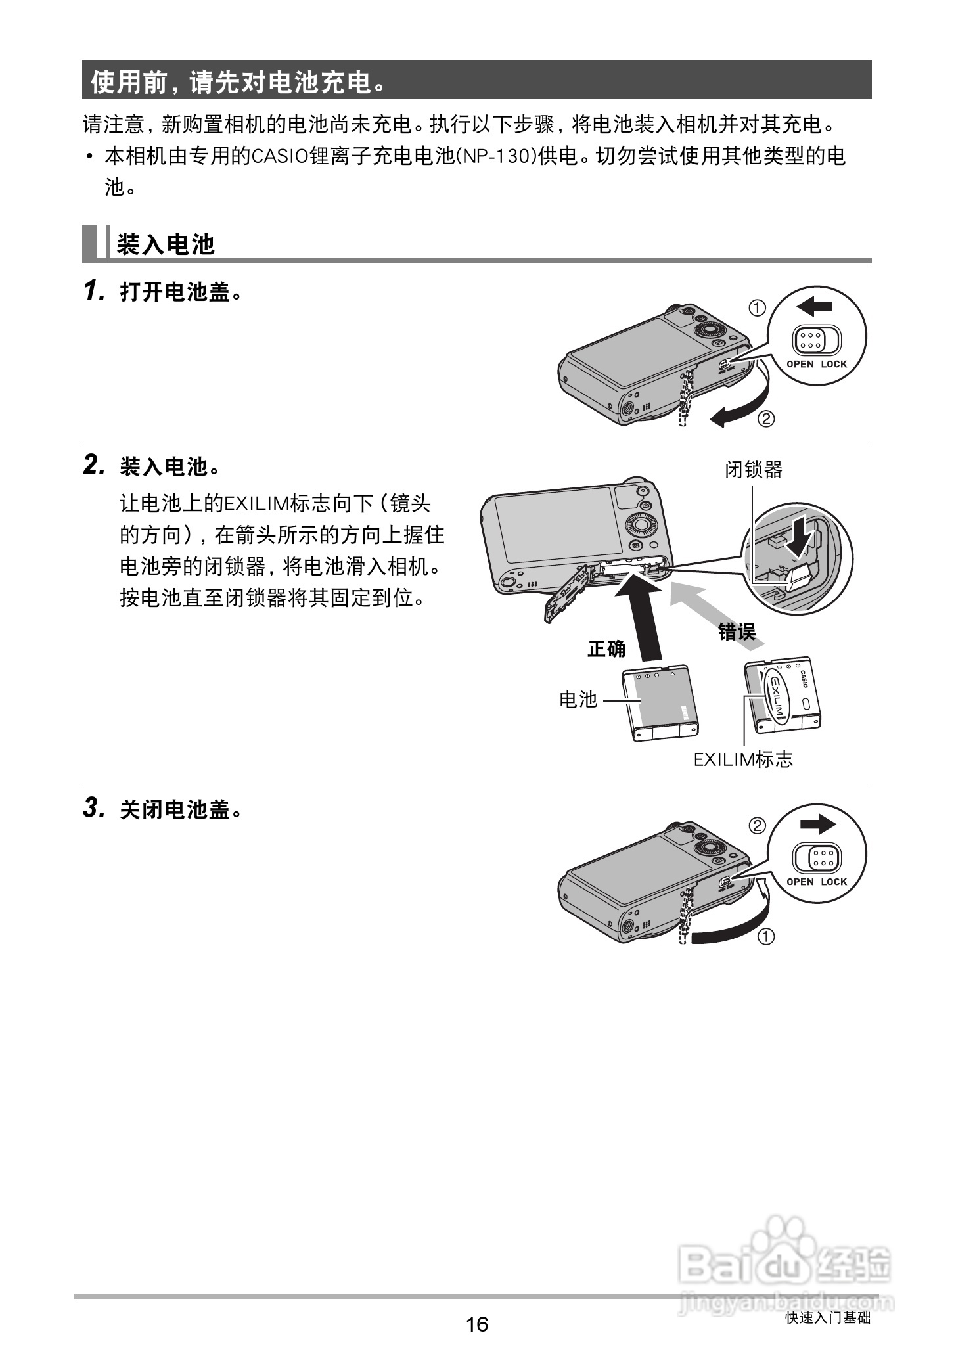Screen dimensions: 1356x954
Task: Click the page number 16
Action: [477, 1323]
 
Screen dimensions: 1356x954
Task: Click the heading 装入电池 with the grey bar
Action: [166, 244]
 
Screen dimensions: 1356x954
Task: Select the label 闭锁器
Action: [753, 469]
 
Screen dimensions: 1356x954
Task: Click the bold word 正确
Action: [606, 648]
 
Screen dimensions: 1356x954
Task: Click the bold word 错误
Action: [737, 632]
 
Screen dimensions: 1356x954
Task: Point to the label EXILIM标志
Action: [743, 759]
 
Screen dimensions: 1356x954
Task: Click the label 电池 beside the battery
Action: [578, 700]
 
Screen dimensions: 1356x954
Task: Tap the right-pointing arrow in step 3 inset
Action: [818, 825]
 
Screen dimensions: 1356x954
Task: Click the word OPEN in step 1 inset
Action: [800, 364]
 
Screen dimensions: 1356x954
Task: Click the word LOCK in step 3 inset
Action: [834, 882]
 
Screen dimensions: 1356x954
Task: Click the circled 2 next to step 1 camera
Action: [766, 418]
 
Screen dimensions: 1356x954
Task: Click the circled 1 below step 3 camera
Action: [766, 936]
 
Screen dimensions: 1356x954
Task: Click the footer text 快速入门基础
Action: [828, 1318]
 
